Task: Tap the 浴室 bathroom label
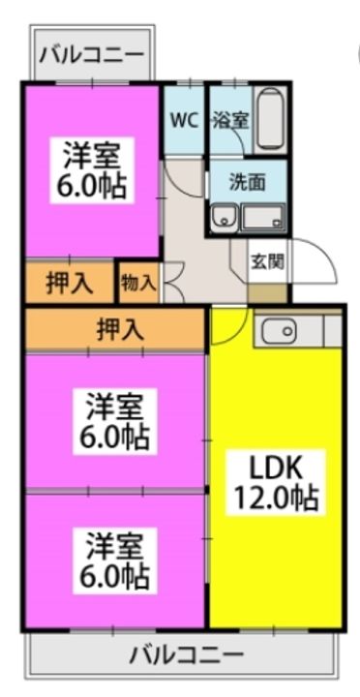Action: pyautogui.click(x=230, y=121)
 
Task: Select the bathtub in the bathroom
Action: pyautogui.click(x=270, y=121)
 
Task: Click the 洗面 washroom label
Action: pyautogui.click(x=243, y=180)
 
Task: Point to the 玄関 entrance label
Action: pyautogui.click(x=267, y=260)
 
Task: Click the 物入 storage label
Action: pyautogui.click(x=138, y=283)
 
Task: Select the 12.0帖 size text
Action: pyautogui.click(x=277, y=500)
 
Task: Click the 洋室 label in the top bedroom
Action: pyautogui.click(x=93, y=155)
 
